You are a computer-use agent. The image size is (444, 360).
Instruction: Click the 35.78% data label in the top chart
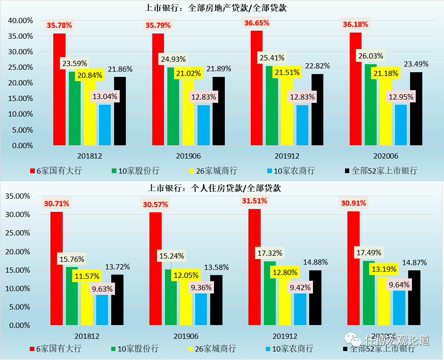coord(59,25)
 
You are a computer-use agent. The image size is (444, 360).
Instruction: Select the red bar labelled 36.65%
coord(256,90)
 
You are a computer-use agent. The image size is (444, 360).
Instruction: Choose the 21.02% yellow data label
coord(189,73)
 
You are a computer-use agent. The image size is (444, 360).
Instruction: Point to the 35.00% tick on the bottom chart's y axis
coord(18,196)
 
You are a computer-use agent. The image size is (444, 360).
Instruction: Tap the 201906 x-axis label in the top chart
coord(188,156)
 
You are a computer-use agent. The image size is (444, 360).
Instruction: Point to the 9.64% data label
coord(399,285)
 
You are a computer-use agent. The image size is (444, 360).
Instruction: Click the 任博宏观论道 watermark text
coord(396,340)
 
